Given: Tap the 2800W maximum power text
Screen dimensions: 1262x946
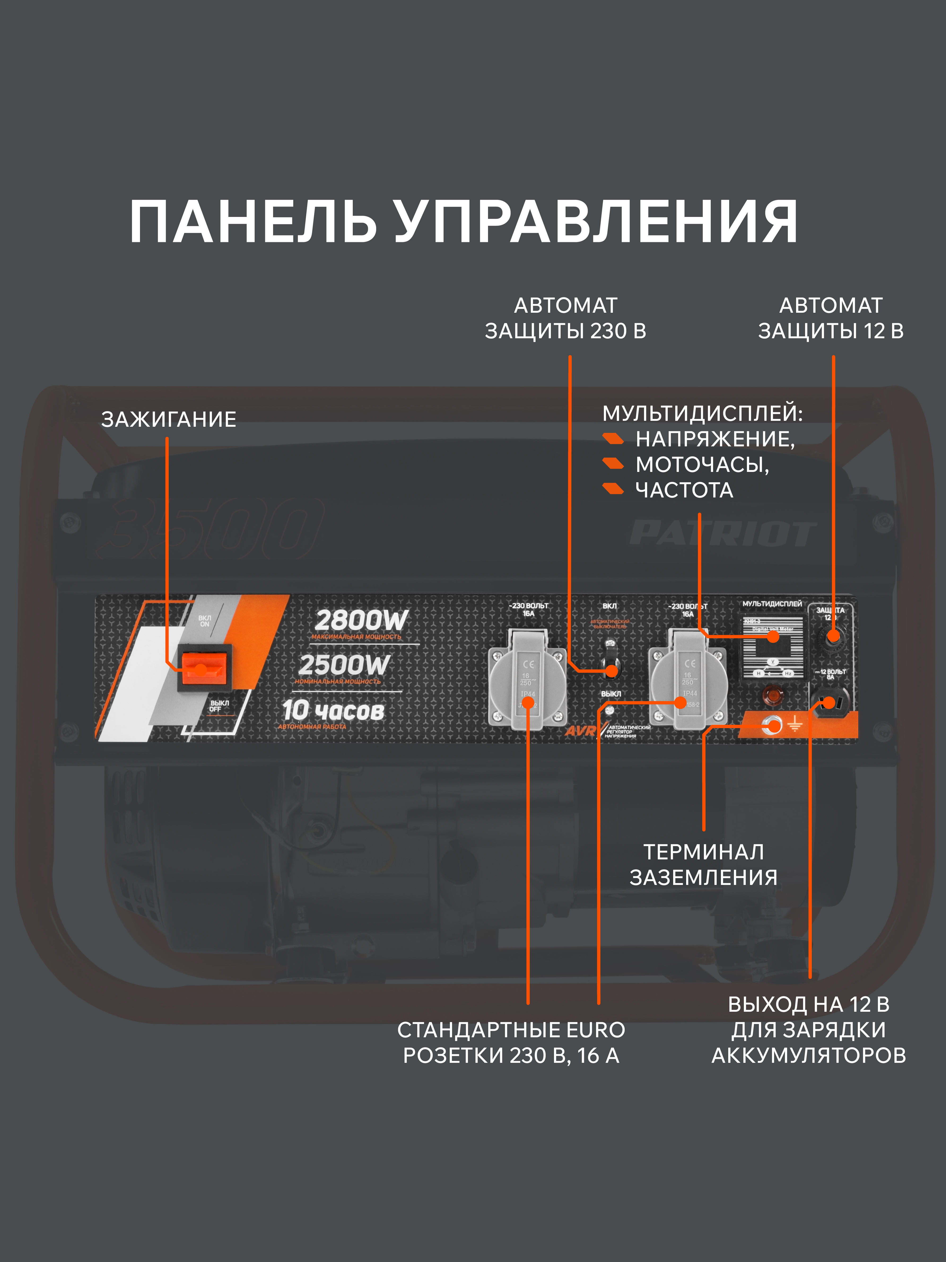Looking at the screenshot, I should tap(362, 620).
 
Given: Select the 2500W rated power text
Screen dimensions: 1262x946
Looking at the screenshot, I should tap(344, 665).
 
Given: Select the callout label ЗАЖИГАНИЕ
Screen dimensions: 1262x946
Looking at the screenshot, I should tap(169, 419).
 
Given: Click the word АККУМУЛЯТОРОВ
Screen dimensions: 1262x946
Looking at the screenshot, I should tap(809, 1055).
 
